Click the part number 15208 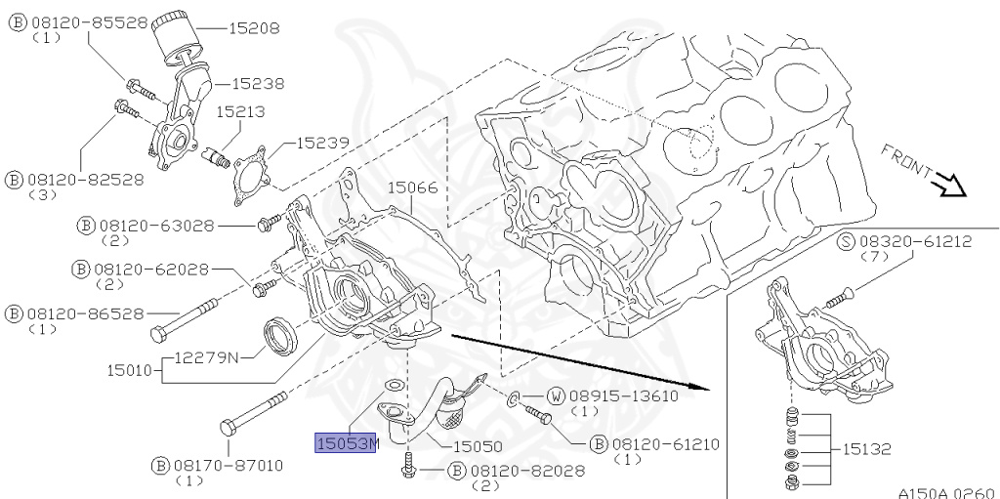(x=254, y=28)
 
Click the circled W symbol (x=556, y=395)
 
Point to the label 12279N (x=207, y=357)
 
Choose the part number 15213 (x=240, y=112)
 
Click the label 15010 (x=132, y=370)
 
